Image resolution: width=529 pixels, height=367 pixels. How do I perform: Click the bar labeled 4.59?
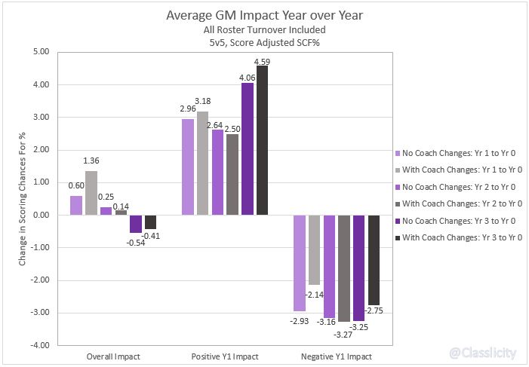pyautogui.click(x=262, y=140)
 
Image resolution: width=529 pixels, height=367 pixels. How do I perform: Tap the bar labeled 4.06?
pyautogui.click(x=248, y=148)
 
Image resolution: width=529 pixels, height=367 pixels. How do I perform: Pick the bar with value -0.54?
pyautogui.click(x=135, y=224)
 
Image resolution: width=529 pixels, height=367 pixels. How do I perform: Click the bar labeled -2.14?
pyautogui.click(x=315, y=250)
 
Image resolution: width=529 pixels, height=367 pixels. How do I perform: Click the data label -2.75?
pyautogui.click(x=375, y=310)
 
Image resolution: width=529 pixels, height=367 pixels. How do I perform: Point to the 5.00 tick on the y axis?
pyautogui.click(x=40, y=52)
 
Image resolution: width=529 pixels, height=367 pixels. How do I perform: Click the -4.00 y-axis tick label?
pyautogui.click(x=39, y=345)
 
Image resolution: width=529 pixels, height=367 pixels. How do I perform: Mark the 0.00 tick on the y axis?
pyautogui.click(x=40, y=215)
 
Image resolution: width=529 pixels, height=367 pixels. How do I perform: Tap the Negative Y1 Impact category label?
pyautogui.click(x=332, y=356)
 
